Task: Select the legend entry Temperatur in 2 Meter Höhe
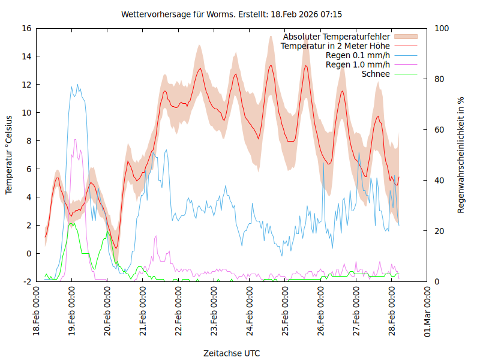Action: coord(335,46)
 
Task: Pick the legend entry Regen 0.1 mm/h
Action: coord(358,55)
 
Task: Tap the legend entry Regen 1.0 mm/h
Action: coord(358,65)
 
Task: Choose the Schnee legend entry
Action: coord(376,74)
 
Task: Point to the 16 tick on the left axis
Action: coord(26,28)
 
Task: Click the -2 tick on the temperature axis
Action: coord(26,281)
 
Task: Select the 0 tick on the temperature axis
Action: coord(28,253)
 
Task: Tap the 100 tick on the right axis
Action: coord(440,28)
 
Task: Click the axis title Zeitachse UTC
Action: coord(232,353)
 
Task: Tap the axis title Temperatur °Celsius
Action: coord(9,154)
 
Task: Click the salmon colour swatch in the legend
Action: coord(409,37)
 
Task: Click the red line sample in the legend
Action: coord(409,46)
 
